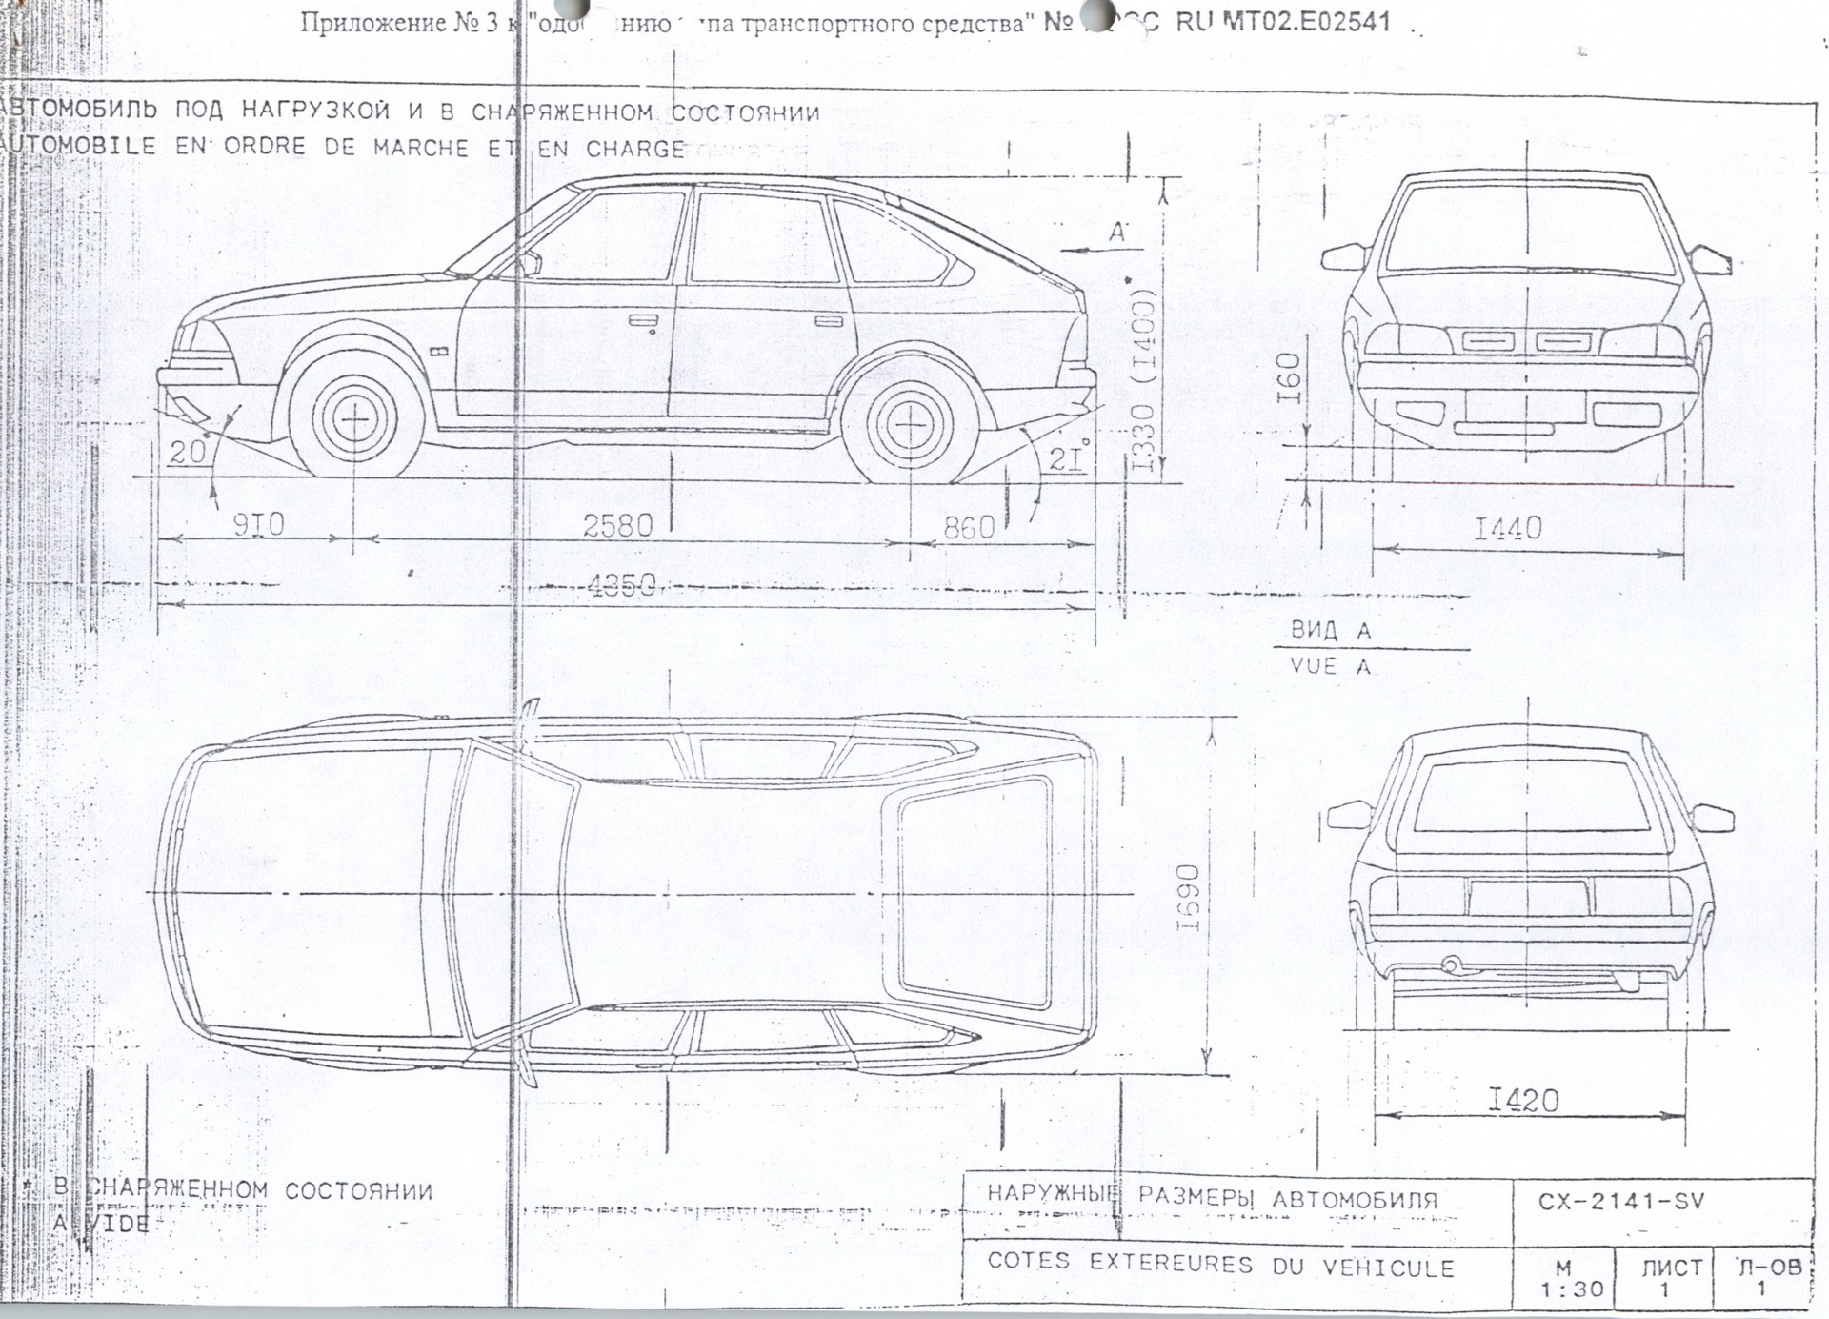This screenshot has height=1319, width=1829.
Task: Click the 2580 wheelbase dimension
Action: point(617,526)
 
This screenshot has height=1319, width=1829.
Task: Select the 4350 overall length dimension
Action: point(621,586)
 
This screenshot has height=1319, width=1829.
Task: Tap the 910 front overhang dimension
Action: point(258,525)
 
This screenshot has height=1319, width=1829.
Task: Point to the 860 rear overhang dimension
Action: point(968,527)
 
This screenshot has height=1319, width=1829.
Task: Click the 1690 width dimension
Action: point(1188,898)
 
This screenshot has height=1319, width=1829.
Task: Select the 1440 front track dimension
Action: point(1507,528)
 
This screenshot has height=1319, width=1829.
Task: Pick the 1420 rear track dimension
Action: point(1523,1102)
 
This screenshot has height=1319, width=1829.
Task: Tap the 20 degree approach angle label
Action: point(187,452)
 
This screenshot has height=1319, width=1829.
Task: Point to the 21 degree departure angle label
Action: point(1067,460)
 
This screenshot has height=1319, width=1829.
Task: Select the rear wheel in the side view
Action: point(912,422)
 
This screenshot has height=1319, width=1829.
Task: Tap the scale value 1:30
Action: point(1572,1289)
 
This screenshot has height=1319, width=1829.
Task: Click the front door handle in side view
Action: point(643,320)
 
